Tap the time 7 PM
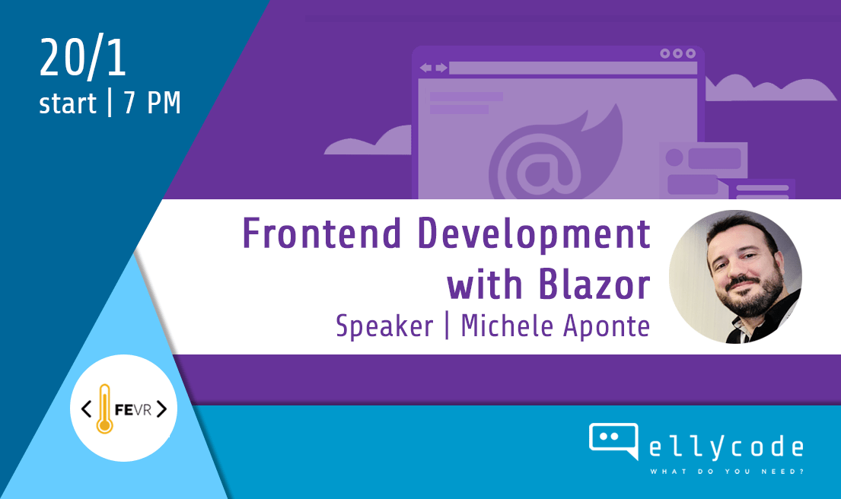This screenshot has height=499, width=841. pyautogui.click(x=151, y=103)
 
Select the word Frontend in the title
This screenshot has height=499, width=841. pyautogui.click(x=322, y=234)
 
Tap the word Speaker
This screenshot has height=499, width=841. pyautogui.click(x=384, y=326)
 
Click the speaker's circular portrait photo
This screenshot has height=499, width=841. pyautogui.click(x=735, y=277)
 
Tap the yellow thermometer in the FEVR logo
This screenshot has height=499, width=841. pyautogui.click(x=104, y=408)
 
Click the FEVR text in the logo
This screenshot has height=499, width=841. pyautogui.click(x=133, y=410)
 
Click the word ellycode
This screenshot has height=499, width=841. pyautogui.click(x=726, y=447)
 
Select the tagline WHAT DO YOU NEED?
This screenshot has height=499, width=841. pyautogui.click(x=727, y=472)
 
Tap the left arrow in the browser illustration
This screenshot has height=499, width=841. pyautogui.click(x=425, y=68)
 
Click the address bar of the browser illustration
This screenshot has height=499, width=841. pyautogui.click(x=573, y=68)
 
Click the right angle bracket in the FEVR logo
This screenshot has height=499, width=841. pyautogui.click(x=161, y=409)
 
